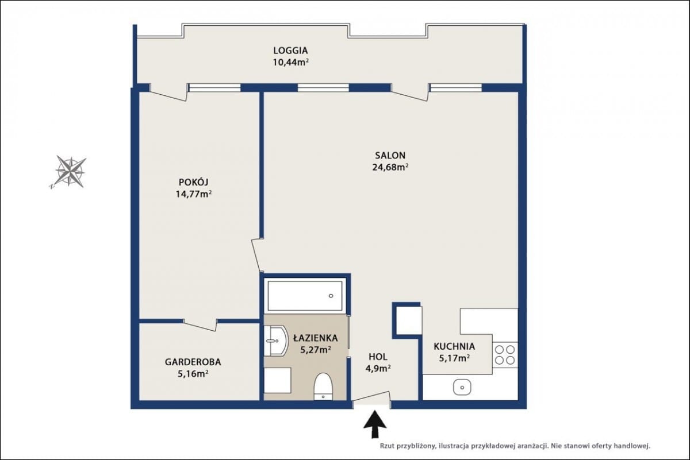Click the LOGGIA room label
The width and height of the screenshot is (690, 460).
tap(290, 50)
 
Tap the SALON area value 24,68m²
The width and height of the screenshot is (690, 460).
tap(390, 167)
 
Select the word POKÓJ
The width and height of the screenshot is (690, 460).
tap(193, 182)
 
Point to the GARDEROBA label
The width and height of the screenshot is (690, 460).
tap(193, 362)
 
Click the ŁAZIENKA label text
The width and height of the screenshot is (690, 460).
tap(316, 338)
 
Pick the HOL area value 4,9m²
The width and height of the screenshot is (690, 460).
tap(378, 368)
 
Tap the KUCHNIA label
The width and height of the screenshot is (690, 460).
tap(454, 346)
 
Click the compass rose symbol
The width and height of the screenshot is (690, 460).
tap(70, 172)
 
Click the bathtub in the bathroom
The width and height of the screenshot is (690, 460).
tap(305, 296)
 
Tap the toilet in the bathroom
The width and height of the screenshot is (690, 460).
tap(323, 386)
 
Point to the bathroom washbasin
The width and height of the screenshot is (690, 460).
tap(276, 341)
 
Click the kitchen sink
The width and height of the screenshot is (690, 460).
tap(462, 388)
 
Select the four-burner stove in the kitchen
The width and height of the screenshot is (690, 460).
tap(505, 355)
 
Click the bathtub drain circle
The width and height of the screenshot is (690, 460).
tap(331, 296)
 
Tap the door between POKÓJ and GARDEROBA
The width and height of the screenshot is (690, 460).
tap(200, 324)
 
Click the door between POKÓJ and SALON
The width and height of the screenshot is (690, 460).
tap(256, 255)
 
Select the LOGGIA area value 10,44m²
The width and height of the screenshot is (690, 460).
tap(290, 63)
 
